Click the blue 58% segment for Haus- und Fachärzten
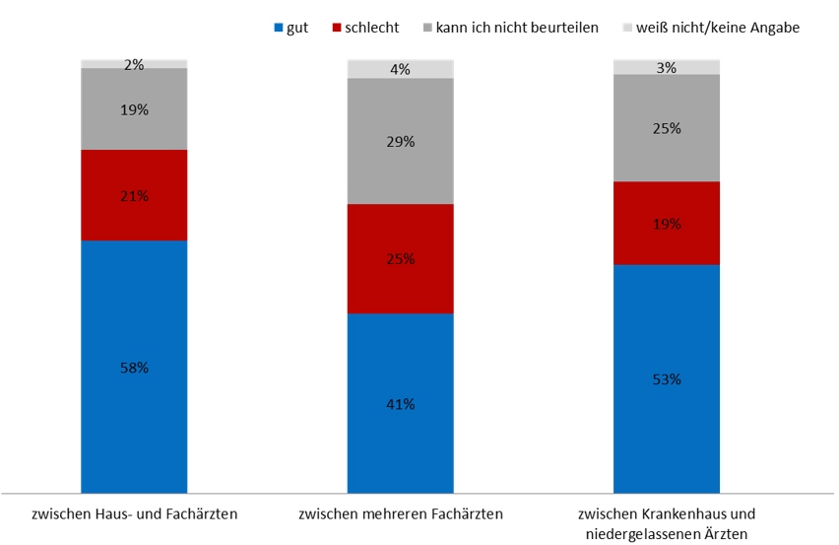[x=134, y=367]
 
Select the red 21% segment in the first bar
[x=134, y=195]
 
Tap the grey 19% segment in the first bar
[x=134, y=109]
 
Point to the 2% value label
[x=134, y=65]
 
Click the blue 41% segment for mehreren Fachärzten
[x=401, y=403]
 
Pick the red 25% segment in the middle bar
[x=401, y=259]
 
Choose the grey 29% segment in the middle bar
[x=401, y=141]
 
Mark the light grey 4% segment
[x=401, y=69]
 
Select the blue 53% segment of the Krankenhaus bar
[x=667, y=378]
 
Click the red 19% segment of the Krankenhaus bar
[x=667, y=224]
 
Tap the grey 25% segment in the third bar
[x=667, y=128]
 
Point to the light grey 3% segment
[x=667, y=67]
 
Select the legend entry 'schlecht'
[x=365, y=28]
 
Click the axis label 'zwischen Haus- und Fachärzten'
[x=134, y=514]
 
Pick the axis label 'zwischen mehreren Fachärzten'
[x=401, y=514]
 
